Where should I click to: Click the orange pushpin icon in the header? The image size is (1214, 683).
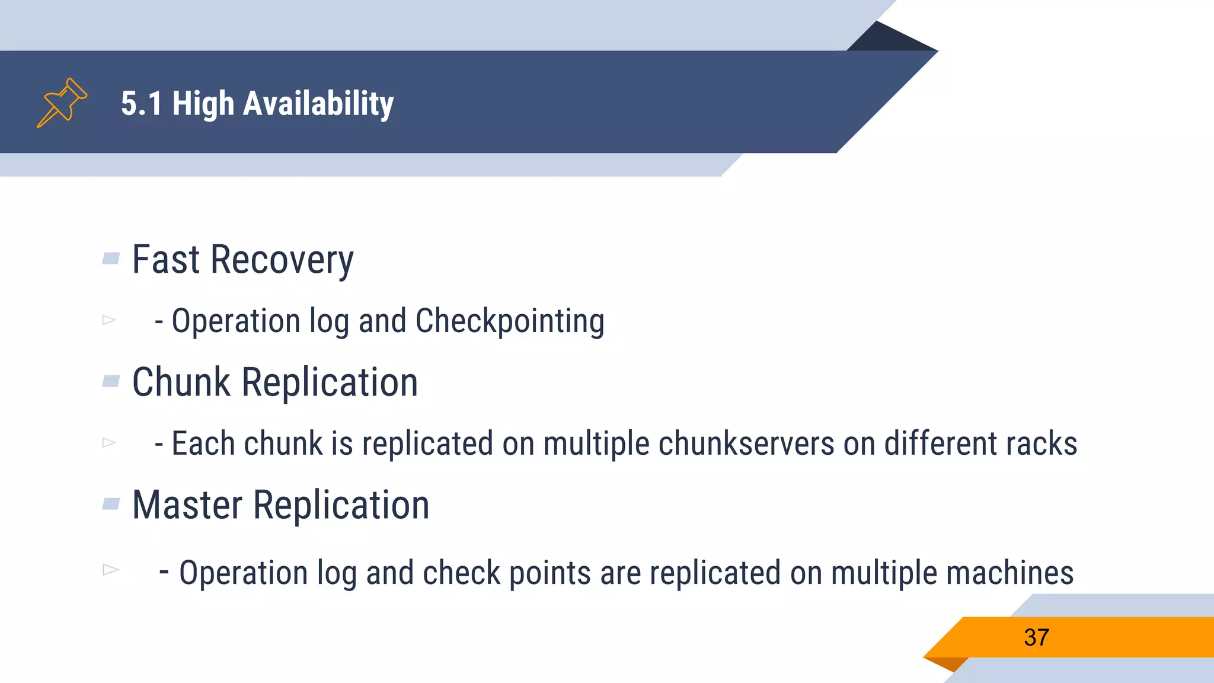(x=62, y=103)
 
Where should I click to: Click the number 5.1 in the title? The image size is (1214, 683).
(x=141, y=104)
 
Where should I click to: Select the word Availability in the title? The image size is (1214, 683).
(x=318, y=104)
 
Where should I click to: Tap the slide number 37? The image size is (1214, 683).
(x=1036, y=637)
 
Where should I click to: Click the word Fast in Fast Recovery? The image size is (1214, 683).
(x=166, y=260)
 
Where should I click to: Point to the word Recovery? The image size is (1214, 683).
(x=282, y=261)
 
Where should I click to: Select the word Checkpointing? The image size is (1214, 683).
(x=510, y=321)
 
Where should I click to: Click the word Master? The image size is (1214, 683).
(x=187, y=505)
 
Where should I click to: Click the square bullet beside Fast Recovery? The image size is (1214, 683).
(x=111, y=258)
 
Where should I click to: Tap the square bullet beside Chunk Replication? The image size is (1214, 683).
(x=111, y=381)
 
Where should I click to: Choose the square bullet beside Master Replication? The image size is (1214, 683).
(x=111, y=504)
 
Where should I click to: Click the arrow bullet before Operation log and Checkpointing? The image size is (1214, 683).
(x=109, y=320)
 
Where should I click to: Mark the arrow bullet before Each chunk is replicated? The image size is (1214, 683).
(x=109, y=442)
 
